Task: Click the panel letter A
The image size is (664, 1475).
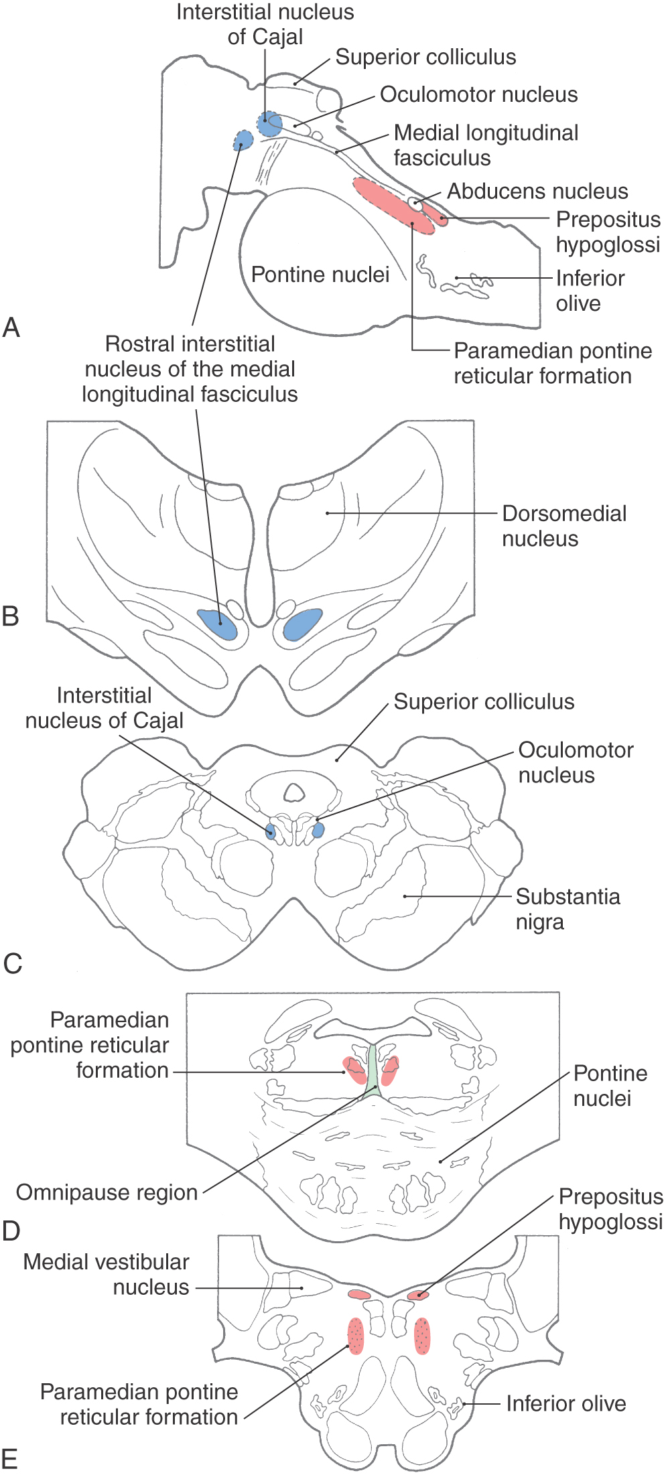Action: pyautogui.click(x=11, y=328)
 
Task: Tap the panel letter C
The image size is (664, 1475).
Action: pyautogui.click(x=13, y=963)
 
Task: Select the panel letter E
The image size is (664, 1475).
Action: pyautogui.click(x=10, y=1458)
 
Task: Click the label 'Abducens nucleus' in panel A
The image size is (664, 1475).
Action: pyautogui.click(x=537, y=192)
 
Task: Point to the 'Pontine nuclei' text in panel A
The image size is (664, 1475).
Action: pyautogui.click(x=320, y=275)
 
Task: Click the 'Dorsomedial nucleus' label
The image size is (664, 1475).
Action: pyautogui.click(x=564, y=526)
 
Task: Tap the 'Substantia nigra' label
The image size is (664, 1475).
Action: pyautogui.click(x=568, y=909)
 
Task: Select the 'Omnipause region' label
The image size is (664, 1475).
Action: pyautogui.click(x=107, y=1193)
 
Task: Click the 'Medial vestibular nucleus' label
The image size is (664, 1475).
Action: pyautogui.click(x=107, y=1275)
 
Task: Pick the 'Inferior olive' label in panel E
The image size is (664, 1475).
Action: pyautogui.click(x=566, y=1403)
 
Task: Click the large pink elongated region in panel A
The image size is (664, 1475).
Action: pyautogui.click(x=393, y=205)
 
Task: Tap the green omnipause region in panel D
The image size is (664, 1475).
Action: pyautogui.click(x=373, y=1068)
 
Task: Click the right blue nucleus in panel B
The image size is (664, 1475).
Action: pyautogui.click(x=302, y=624)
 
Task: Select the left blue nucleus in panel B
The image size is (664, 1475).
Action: pyautogui.click(x=218, y=624)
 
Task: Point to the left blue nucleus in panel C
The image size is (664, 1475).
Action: pyautogui.click(x=271, y=832)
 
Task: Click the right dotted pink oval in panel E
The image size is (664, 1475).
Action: pyautogui.click(x=422, y=1336)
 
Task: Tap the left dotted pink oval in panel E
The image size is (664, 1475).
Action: pyautogui.click(x=356, y=1336)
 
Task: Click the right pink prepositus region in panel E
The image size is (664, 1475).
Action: pyautogui.click(x=418, y=1295)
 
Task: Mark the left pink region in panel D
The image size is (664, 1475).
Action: pyautogui.click(x=354, y=1069)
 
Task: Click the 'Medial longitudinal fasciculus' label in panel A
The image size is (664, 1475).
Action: pyautogui.click(x=486, y=145)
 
